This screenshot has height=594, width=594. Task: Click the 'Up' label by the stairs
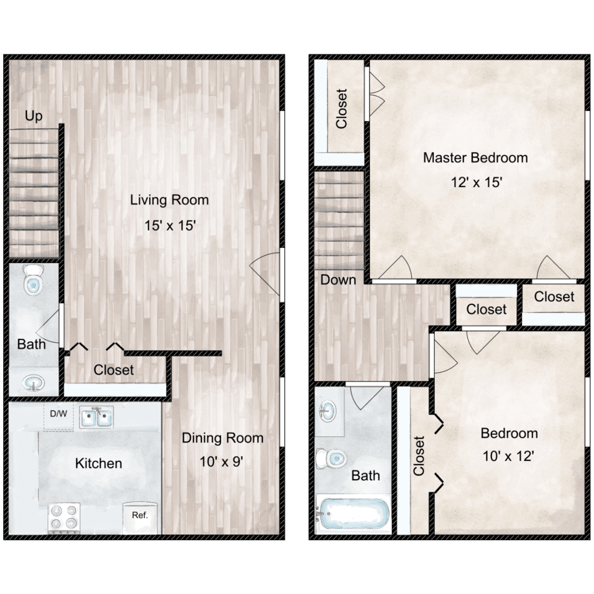[33, 116]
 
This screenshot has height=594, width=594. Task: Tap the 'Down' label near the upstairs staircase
[337, 280]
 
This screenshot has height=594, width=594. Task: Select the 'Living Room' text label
[169, 200]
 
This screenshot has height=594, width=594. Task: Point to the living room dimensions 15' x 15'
[169, 226]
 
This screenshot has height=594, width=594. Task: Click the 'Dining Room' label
[223, 437]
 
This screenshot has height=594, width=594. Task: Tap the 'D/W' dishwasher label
[59, 413]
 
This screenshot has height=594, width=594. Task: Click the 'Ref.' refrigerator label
[140, 515]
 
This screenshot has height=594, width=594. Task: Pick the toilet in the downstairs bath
[34, 280]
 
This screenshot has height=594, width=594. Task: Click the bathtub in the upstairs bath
[352, 515]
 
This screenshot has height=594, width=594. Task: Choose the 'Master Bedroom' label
[475, 158]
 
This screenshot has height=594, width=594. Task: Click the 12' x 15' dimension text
[475, 181]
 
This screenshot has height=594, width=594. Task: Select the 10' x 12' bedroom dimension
[509, 457]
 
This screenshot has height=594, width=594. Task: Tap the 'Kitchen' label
[99, 463]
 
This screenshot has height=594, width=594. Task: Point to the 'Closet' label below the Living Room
[114, 370]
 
